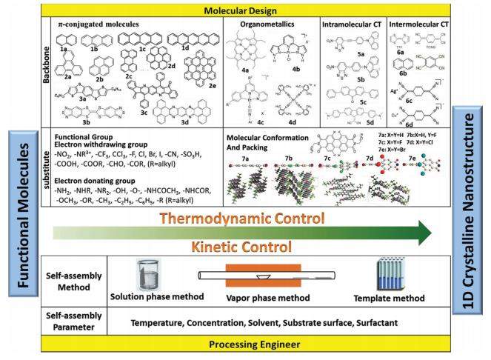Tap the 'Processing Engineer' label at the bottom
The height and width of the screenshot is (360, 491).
coord(246,345)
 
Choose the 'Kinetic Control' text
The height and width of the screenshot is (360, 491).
coord(244,245)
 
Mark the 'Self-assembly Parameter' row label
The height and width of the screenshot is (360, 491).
coord(78,323)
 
